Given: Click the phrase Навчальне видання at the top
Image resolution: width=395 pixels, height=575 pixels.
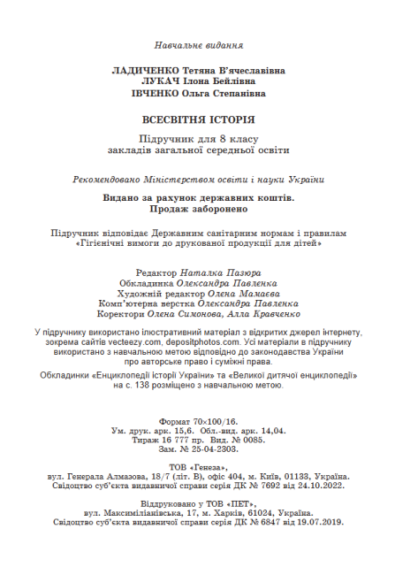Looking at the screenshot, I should pos(199,44).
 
